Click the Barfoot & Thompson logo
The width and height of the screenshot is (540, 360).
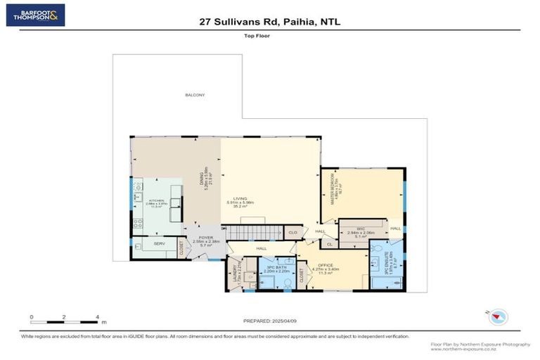click(x=35, y=15)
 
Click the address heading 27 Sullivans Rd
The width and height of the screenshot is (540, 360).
click(x=270, y=22)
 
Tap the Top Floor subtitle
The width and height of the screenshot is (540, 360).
click(x=270, y=34)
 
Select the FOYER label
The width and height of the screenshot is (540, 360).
click(x=205, y=239)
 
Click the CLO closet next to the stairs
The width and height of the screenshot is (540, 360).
click(x=293, y=231)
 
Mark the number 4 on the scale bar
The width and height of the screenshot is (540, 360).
click(x=97, y=317)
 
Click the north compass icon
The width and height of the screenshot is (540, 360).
click(x=498, y=317)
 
